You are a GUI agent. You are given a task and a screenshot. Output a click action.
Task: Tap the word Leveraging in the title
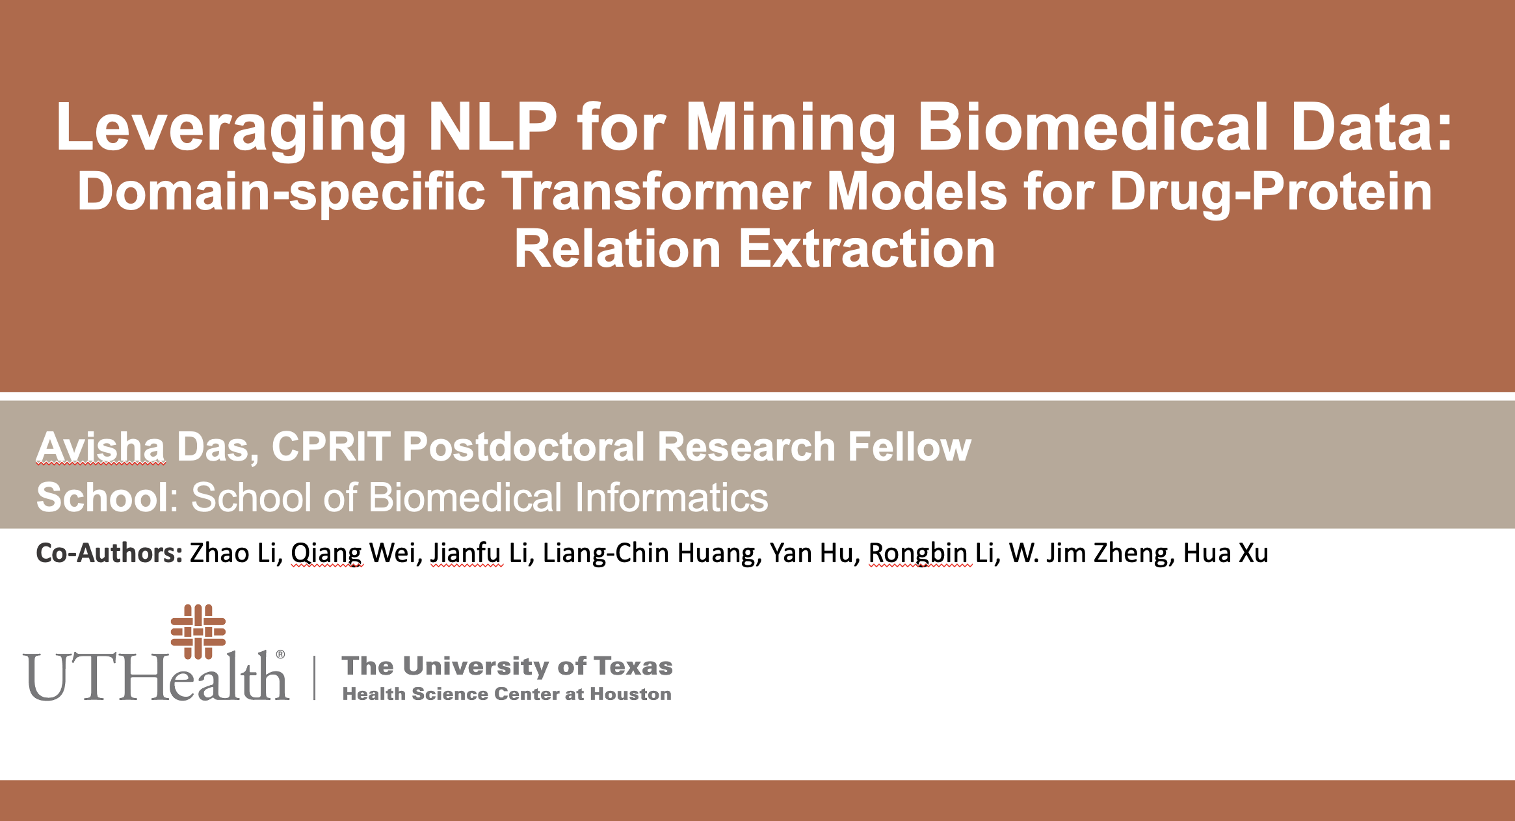(x=231, y=129)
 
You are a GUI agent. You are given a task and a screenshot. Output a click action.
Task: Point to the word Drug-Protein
(x=1271, y=192)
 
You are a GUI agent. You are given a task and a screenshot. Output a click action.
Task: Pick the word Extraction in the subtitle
(x=866, y=249)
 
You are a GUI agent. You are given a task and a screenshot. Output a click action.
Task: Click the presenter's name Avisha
(x=101, y=448)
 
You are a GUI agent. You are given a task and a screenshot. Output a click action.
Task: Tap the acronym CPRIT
(x=331, y=448)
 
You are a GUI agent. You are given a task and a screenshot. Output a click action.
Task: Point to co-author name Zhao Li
(x=233, y=553)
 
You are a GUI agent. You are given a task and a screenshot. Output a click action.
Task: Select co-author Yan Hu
(x=811, y=553)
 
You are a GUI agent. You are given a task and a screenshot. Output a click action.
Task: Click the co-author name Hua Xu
(x=1226, y=553)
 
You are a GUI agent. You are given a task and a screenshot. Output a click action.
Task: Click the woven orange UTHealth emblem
(x=198, y=631)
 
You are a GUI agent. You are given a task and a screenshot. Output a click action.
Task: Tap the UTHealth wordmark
(x=156, y=677)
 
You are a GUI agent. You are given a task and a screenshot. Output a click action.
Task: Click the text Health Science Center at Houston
(x=507, y=694)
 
